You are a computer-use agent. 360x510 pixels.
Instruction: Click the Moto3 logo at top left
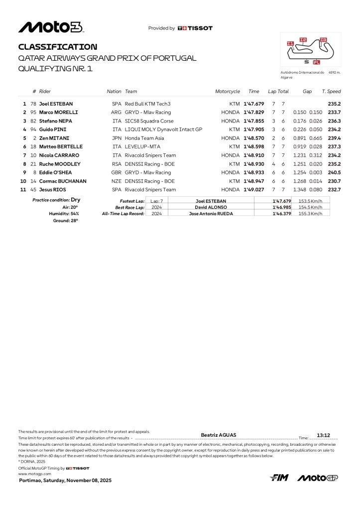coord(51,27)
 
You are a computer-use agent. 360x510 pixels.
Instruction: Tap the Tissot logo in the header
coord(195,28)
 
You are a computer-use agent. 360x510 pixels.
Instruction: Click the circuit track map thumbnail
coord(310,49)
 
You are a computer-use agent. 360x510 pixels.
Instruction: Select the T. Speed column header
coord(331,92)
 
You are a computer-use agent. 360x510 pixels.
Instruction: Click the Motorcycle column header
coord(228,92)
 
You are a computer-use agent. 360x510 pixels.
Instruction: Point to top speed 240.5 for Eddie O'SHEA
coord(334,172)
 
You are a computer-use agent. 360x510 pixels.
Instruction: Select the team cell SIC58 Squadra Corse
coord(149,121)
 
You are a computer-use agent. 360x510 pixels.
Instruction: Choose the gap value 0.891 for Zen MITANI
coord(300,138)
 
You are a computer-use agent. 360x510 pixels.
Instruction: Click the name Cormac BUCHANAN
coord(63,181)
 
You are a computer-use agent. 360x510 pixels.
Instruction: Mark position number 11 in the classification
coord(23,189)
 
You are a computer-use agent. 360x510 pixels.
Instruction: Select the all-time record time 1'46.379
coord(281,213)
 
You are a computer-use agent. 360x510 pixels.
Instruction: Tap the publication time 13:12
coord(324,435)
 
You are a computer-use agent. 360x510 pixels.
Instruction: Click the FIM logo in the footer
coord(279,478)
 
